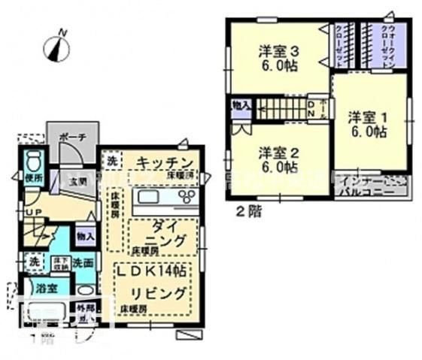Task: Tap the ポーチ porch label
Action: pos(73,137)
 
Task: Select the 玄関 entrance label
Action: pos(77,181)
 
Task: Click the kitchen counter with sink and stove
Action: pos(164,200)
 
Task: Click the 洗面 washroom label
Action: pos(82,263)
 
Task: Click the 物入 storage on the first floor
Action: pos(84,236)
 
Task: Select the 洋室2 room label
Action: pos(279,160)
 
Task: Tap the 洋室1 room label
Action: pos(367,124)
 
